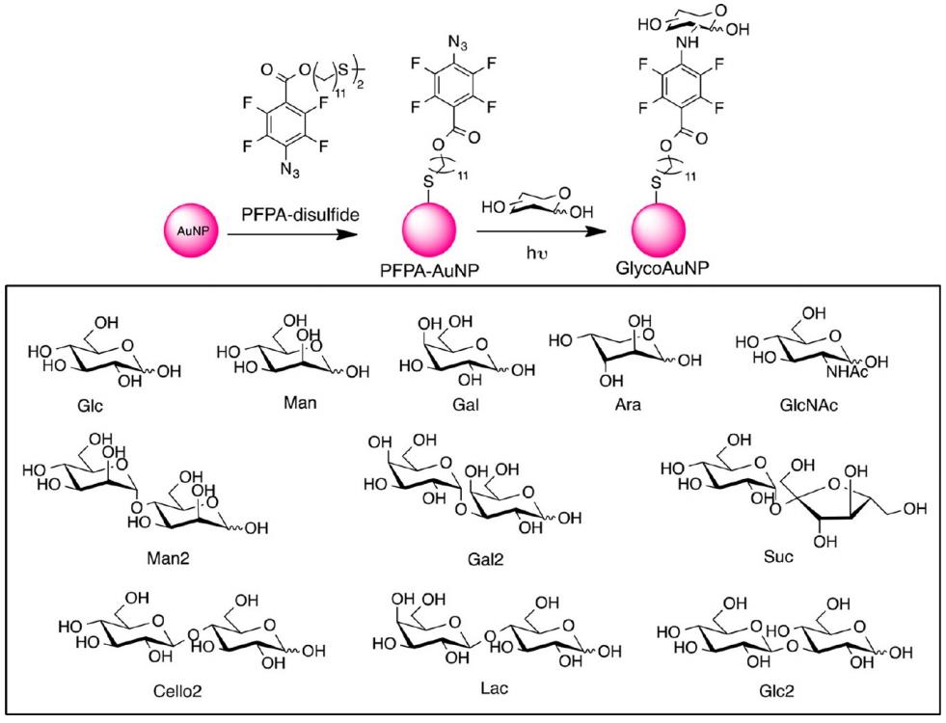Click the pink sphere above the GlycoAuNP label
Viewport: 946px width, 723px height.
tap(659, 233)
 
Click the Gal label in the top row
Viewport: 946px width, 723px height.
tap(446, 406)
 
